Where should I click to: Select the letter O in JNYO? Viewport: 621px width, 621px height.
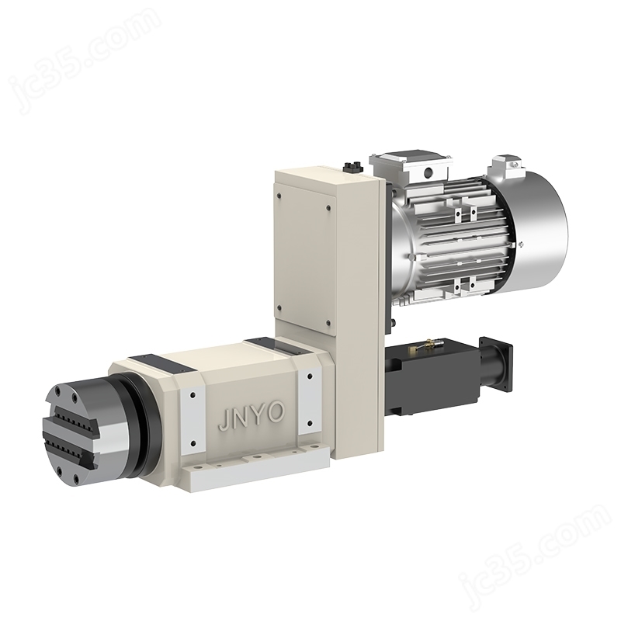coord(276,412)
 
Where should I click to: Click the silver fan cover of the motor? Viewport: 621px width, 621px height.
coord(542,230)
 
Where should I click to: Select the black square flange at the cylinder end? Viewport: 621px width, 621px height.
coord(496,363)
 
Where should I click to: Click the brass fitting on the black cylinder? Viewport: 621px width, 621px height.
coord(425,345)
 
